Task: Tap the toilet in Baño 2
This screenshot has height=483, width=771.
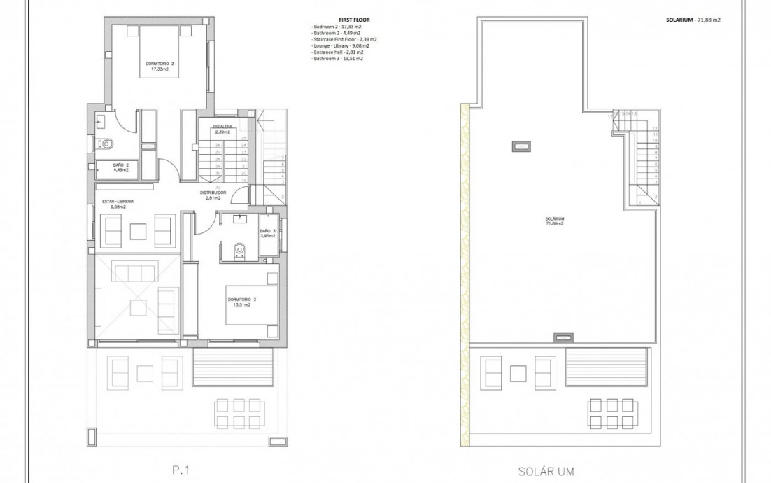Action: click(107, 144)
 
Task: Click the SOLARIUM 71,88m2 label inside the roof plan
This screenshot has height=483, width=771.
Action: click(554, 221)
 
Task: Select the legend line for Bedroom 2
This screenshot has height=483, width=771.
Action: click(336, 27)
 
